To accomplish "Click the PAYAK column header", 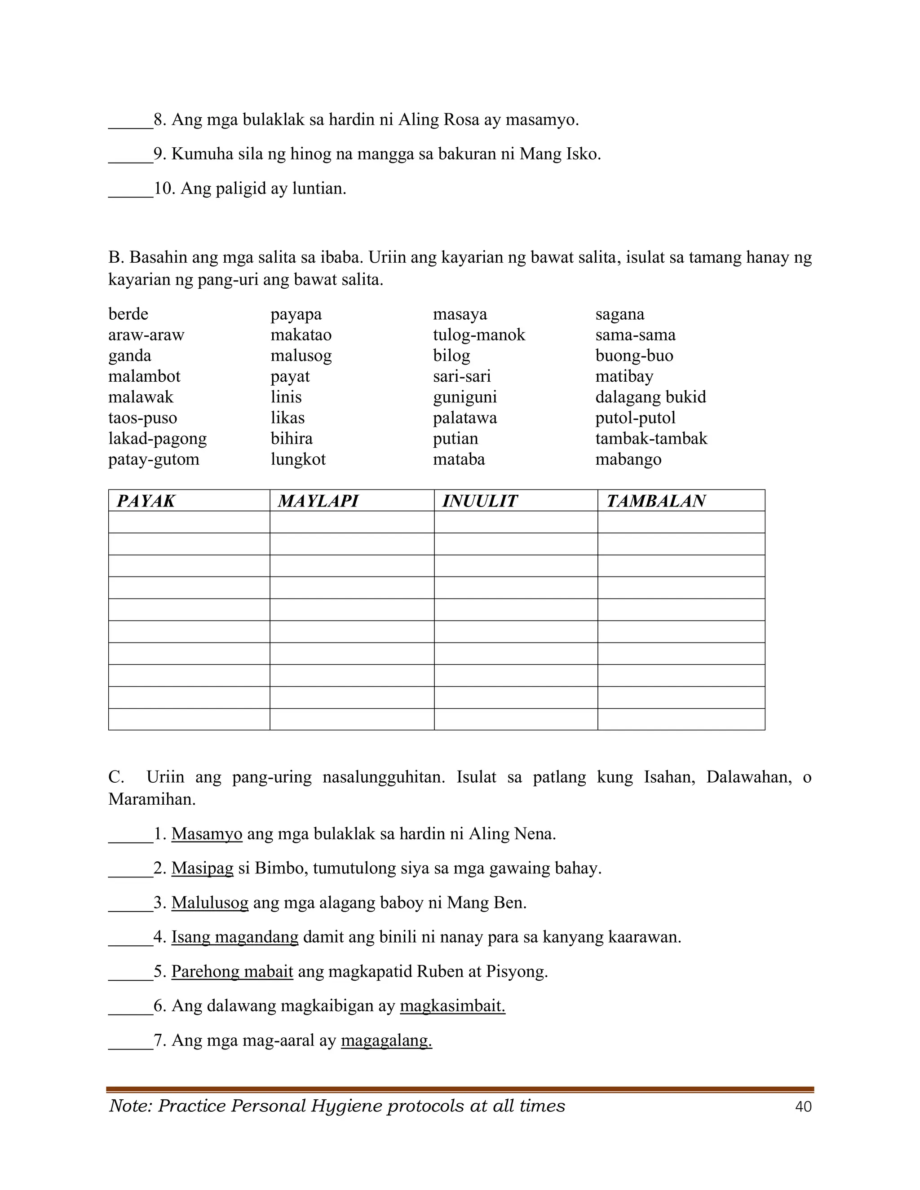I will pos(146,501).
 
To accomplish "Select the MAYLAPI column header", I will pos(318,501).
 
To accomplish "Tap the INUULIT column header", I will pos(480,501).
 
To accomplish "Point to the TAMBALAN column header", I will pos(656,501).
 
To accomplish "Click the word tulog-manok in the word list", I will pos(479,335).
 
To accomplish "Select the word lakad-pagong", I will pos(158,439).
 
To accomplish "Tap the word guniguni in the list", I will pos(465,397).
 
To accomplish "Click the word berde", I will pos(128,314).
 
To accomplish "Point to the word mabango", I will pos(628,459).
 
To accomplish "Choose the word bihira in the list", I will pos(292,439).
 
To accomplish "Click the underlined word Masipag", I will pos(202,868).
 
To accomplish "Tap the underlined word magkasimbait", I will pos(452,1006).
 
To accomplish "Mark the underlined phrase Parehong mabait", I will pos(232,971).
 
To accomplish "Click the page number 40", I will pos(803,1106).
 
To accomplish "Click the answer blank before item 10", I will pos(130,189).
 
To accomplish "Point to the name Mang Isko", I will pos(559,154).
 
